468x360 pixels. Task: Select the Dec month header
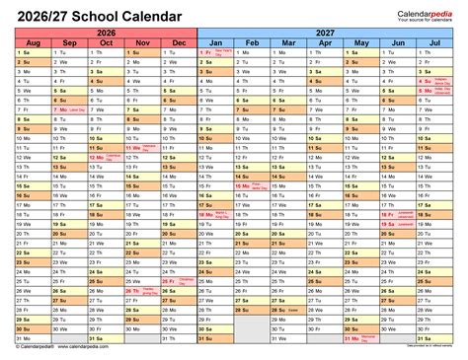pyautogui.click(x=179, y=43)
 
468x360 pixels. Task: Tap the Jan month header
pyautogui.click(x=216, y=43)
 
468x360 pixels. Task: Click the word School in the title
pyautogui.click(x=89, y=15)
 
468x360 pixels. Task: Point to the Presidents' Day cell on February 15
pyautogui.click(x=253, y=213)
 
